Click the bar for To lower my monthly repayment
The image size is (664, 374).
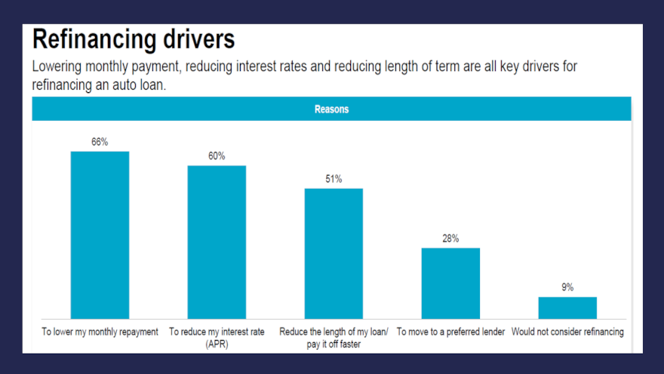click(x=100, y=235)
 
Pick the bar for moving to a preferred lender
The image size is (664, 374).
click(x=450, y=283)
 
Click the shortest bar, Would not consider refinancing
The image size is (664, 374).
click(x=567, y=308)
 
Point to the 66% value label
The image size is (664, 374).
click(x=100, y=141)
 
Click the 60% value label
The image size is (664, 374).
click(x=217, y=156)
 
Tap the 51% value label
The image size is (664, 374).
click(x=334, y=178)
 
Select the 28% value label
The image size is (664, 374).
click(x=450, y=238)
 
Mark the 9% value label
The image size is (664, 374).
click(x=567, y=287)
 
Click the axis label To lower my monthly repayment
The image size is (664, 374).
click(x=100, y=332)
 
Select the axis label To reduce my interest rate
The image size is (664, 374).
click(x=217, y=332)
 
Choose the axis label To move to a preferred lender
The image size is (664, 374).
click(x=450, y=332)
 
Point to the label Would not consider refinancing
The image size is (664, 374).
click(x=567, y=332)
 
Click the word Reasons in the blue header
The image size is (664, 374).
click(x=331, y=109)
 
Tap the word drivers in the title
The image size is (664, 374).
click(x=196, y=39)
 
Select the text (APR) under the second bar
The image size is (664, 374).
click(x=217, y=344)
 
